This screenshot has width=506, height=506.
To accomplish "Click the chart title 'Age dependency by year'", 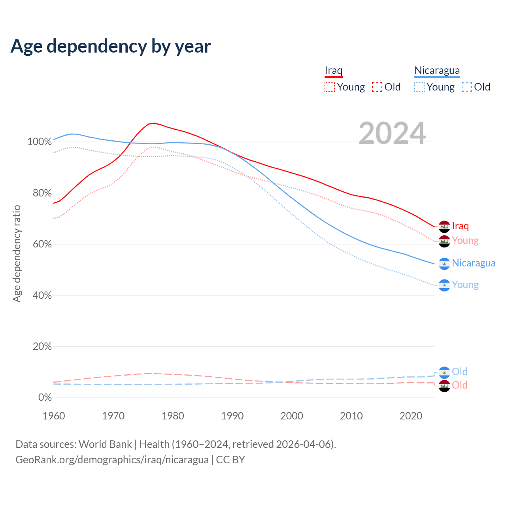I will [x=111, y=46].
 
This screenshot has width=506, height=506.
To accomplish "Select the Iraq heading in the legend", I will [x=333, y=71].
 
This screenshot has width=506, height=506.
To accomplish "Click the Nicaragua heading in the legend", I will [x=437, y=71].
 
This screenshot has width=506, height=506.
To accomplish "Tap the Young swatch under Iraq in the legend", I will [x=330, y=87].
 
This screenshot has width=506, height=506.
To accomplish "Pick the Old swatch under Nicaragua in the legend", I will [x=467, y=87].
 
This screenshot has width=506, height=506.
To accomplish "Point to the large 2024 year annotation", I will [x=392, y=134].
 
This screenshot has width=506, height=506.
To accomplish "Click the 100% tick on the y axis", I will [x=40, y=142].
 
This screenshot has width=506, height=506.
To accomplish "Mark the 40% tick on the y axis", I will [x=42, y=295].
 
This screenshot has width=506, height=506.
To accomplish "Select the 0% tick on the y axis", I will [x=45, y=398].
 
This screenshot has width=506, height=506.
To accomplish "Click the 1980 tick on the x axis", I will [x=173, y=416].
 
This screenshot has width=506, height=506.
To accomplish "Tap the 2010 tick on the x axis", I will [x=351, y=416].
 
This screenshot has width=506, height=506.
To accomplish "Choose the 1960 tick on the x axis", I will [x=54, y=416].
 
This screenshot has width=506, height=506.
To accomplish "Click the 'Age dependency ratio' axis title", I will [x=17, y=253].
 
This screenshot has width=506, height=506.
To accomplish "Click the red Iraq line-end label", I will [x=460, y=226].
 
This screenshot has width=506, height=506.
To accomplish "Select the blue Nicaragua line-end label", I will [x=474, y=263].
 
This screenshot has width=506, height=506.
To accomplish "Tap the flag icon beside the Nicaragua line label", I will [x=444, y=264].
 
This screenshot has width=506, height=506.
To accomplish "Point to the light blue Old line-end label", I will [x=459, y=372].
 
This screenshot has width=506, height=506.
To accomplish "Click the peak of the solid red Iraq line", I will [x=154, y=123].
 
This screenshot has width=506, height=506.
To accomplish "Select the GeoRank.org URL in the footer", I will [x=112, y=460].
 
